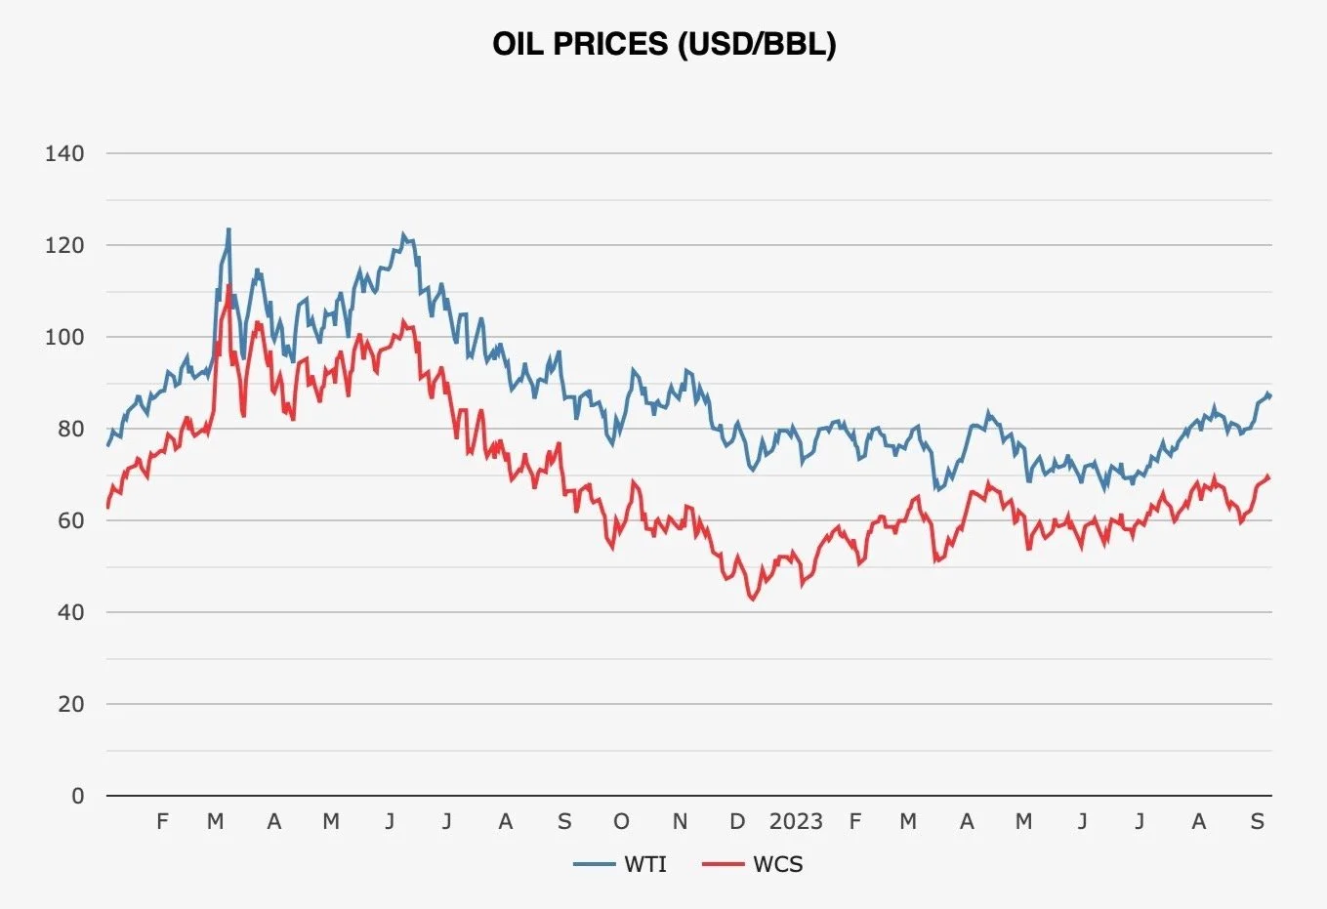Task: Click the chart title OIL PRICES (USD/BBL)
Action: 664,44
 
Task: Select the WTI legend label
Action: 645,865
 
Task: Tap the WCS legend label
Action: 778,865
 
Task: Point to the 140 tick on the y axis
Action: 64,153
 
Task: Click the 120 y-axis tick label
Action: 64,245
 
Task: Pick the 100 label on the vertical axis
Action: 64,337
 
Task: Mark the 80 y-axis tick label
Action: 71,429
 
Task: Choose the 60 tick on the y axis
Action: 71,520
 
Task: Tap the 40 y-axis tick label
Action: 71,612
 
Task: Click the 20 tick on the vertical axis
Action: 71,704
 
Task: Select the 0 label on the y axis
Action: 77,796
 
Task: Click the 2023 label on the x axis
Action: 796,822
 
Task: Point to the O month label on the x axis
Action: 621,822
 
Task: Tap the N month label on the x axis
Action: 680,822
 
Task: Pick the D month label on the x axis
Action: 737,822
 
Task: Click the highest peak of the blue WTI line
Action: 228,229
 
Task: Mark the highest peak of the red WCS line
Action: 228,286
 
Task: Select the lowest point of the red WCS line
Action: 753,599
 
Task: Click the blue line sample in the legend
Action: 595,865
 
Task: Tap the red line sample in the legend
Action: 724,865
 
